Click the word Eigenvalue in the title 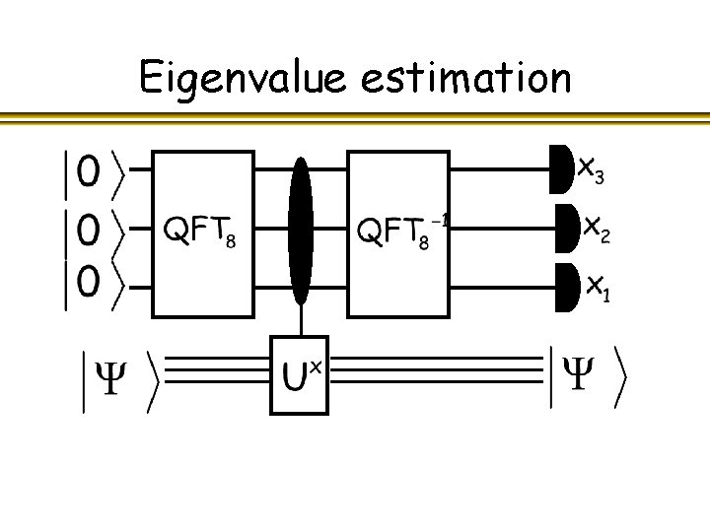click(243, 77)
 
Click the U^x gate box click(299, 374)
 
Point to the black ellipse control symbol click(300, 232)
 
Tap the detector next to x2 click(567, 229)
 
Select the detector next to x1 click(568, 286)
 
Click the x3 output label click(591, 171)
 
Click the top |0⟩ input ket click(90, 173)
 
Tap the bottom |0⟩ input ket click(90, 286)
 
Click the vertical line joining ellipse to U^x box click(300, 321)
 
